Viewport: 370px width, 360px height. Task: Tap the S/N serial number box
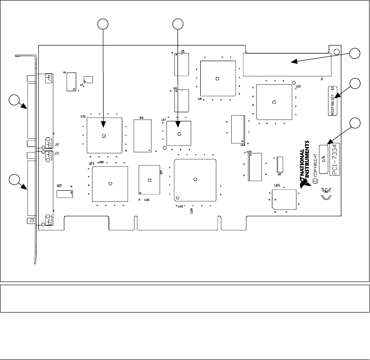click(324, 159)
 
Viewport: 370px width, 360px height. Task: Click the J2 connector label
click(57, 145)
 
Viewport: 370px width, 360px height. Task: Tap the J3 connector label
click(57, 153)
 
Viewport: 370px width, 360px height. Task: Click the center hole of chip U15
click(105, 136)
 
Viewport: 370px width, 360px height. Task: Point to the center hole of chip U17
click(179, 134)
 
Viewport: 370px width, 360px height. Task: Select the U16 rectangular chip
click(142, 136)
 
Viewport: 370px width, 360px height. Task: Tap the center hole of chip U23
click(110, 184)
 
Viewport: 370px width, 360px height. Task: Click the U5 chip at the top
click(182, 64)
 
